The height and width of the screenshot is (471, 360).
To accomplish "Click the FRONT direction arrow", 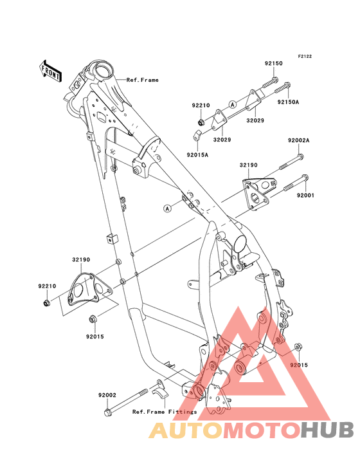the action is click(51, 71).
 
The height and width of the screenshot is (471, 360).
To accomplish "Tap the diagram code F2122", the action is click(305, 56).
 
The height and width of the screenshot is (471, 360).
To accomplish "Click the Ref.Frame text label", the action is click(142, 80).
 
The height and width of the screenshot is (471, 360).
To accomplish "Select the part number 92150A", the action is click(288, 102).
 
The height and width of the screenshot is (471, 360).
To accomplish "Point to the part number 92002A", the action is click(298, 140).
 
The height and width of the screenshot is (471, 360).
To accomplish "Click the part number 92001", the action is click(305, 195).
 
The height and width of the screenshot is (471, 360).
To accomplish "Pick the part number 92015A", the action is click(197, 155).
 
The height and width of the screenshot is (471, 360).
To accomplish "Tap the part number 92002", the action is click(107, 395).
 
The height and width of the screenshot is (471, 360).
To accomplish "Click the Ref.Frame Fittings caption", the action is click(165, 412).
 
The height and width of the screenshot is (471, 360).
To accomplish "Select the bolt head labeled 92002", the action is click(107, 412).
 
